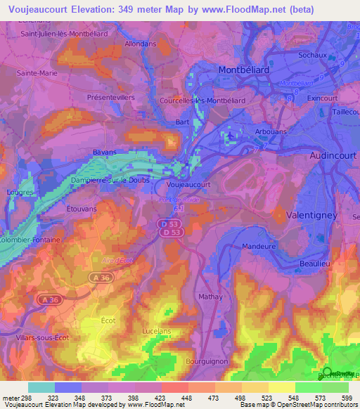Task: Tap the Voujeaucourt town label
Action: pos(189,185)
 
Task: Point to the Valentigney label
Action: pos(312,215)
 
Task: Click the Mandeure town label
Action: pos(259,247)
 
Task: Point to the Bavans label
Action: pos(105,151)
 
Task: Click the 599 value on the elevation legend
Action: pos(346,397)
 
